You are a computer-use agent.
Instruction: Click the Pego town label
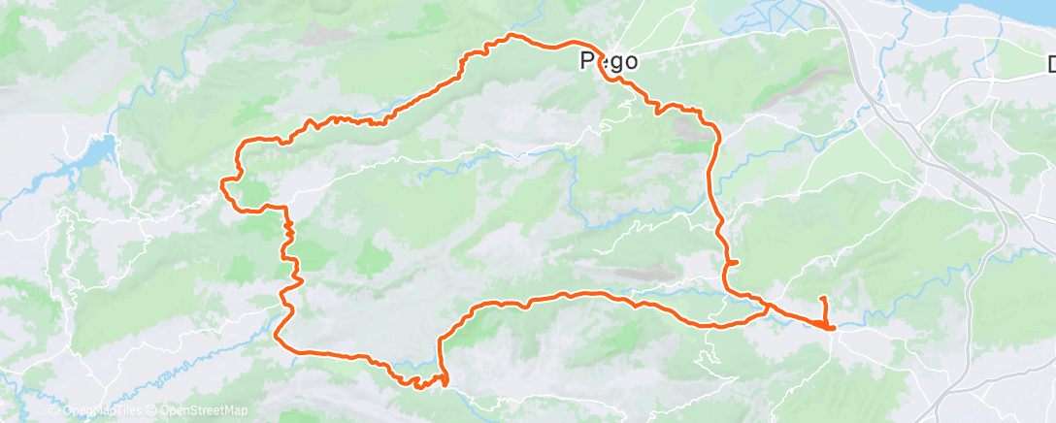(609, 61)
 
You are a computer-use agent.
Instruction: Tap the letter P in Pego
(586, 61)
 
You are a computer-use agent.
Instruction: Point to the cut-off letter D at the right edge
(1050, 66)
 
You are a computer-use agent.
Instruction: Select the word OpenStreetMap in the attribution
(204, 411)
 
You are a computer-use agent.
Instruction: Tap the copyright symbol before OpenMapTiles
(54, 411)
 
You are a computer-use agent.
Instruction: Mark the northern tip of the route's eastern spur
(823, 297)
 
